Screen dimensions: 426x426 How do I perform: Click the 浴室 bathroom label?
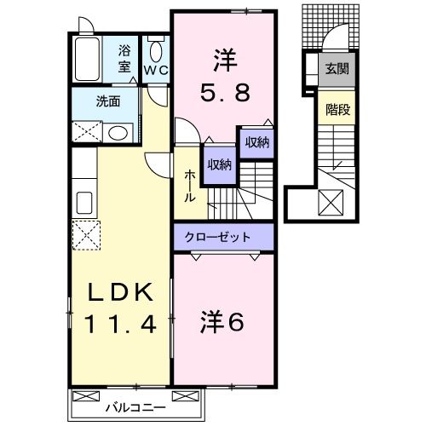point(124,58)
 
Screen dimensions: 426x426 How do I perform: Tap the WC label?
point(155,71)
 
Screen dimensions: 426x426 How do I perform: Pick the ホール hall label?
point(190,185)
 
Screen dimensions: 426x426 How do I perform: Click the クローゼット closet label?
point(224,235)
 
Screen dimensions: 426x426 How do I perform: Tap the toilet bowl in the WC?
point(154,49)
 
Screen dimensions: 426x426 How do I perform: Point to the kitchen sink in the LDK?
point(85,202)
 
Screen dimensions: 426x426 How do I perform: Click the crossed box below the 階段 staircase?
point(331,204)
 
